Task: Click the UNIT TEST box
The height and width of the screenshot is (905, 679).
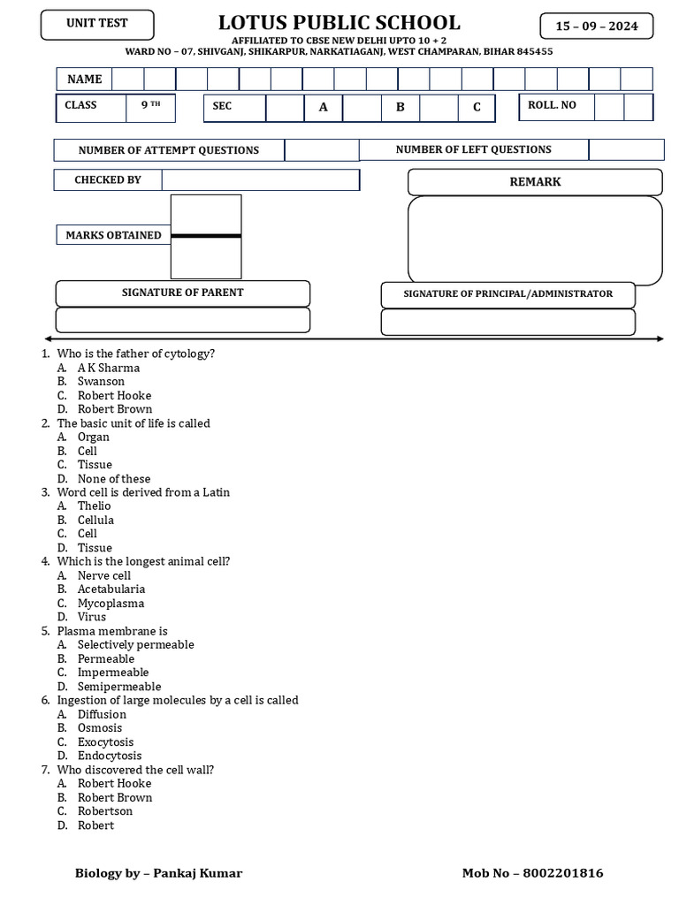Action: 96,24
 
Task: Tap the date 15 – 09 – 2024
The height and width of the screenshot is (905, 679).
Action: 596,27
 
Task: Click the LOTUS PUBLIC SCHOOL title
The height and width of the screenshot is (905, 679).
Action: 339,23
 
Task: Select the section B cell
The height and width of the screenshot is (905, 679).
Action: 401,107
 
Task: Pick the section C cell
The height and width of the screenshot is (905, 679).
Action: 477,107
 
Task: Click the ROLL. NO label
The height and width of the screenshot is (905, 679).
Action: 552,105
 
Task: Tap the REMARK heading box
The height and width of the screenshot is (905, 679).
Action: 534,182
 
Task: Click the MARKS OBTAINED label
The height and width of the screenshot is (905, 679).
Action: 113,235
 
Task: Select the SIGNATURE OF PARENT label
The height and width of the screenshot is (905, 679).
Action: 182,293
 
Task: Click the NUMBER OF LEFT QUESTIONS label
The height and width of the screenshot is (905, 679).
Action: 473,150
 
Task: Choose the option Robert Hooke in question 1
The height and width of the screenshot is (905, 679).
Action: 114,395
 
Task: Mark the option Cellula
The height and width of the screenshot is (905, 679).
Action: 95,520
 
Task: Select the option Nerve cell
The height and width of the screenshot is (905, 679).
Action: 103,575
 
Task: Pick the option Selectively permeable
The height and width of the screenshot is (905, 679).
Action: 135,644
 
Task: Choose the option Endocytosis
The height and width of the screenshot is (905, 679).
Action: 109,756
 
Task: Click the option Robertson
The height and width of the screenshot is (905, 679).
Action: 104,811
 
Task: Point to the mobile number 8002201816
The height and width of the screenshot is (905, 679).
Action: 563,873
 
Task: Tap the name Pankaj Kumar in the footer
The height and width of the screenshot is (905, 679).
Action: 198,873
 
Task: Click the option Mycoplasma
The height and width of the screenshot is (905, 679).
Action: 111,603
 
